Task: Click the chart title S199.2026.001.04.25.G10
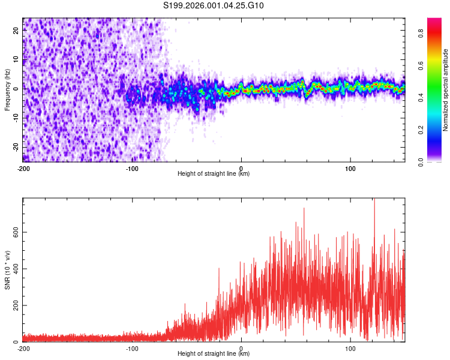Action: pos(214,6)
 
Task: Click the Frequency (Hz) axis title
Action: pos(7,90)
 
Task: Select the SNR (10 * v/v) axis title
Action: pos(7,269)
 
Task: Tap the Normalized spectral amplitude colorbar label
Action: pos(446,90)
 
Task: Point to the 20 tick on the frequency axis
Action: pos(16,32)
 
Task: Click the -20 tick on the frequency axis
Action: pos(15,148)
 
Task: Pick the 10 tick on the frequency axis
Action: pos(16,61)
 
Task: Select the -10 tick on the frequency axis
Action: pos(15,119)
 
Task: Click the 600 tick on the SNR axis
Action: pos(14,232)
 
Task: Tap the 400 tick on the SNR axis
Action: pos(14,269)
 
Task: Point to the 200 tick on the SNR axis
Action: pos(14,305)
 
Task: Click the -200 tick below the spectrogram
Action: pos(23,169)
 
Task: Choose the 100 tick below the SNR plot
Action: pos(351,349)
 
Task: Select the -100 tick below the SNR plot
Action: pos(132,349)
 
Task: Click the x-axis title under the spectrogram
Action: pos(214,174)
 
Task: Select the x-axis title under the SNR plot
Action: pos(214,354)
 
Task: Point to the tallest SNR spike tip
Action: pos(374,199)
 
